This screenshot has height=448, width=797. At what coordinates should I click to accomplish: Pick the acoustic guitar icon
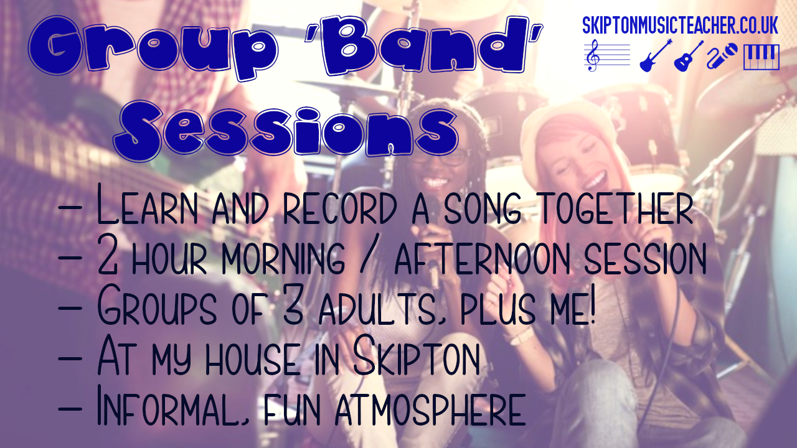pyautogui.click(x=689, y=56)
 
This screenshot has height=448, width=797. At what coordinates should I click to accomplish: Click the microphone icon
pyautogui.click(x=723, y=57)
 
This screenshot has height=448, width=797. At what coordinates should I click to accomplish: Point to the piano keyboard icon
pyautogui.click(x=761, y=57)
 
